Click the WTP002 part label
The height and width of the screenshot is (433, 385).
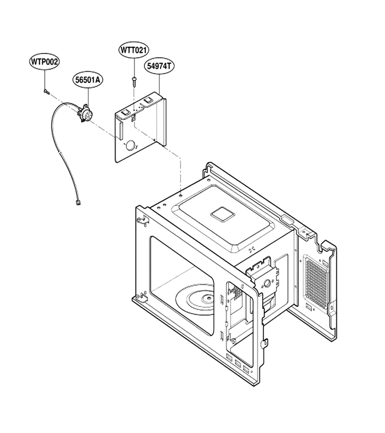click(44, 62)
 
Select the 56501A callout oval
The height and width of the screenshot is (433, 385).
click(88, 80)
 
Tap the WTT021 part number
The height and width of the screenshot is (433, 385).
click(134, 50)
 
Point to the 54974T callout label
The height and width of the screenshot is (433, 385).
click(159, 66)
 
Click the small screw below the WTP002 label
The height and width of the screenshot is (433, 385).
click(46, 92)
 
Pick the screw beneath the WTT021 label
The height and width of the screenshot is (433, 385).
click(134, 81)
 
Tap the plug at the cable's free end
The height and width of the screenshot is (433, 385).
click(78, 203)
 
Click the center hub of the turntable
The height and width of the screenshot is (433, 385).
click(207, 298)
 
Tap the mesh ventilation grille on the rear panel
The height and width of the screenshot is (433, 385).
click(317, 280)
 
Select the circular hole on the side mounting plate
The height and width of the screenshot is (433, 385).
click(267, 283)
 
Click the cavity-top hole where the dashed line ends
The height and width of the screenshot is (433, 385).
click(180, 195)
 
